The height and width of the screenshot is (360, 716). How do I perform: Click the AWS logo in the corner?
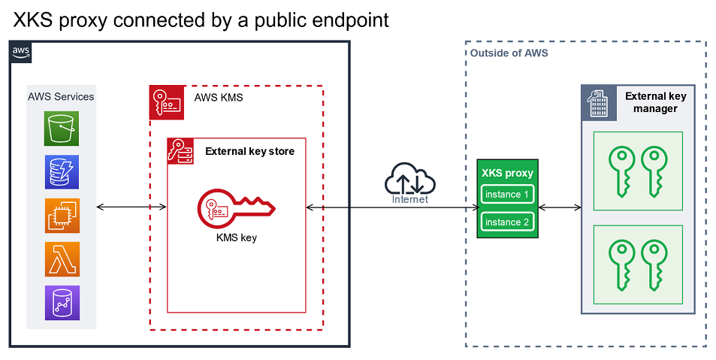(21, 52)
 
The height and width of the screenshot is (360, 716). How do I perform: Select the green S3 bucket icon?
(61, 129)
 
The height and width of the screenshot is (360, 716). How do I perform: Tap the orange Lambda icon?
(61, 259)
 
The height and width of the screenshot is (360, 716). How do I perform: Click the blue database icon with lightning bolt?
(61, 172)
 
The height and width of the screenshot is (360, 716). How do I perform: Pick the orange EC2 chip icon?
(61, 216)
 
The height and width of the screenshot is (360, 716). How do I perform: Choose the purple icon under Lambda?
(61, 302)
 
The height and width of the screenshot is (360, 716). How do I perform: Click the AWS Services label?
(61, 96)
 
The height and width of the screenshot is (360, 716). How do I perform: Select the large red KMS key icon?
(235, 210)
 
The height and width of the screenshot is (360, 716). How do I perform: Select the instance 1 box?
(507, 195)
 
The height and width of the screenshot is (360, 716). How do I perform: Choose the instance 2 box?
(507, 222)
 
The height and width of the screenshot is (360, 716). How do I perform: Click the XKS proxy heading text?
(507, 173)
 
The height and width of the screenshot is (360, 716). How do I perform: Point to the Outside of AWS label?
(509, 53)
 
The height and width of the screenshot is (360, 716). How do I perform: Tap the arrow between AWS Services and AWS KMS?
(131, 206)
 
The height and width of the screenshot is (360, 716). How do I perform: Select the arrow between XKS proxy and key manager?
(560, 207)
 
